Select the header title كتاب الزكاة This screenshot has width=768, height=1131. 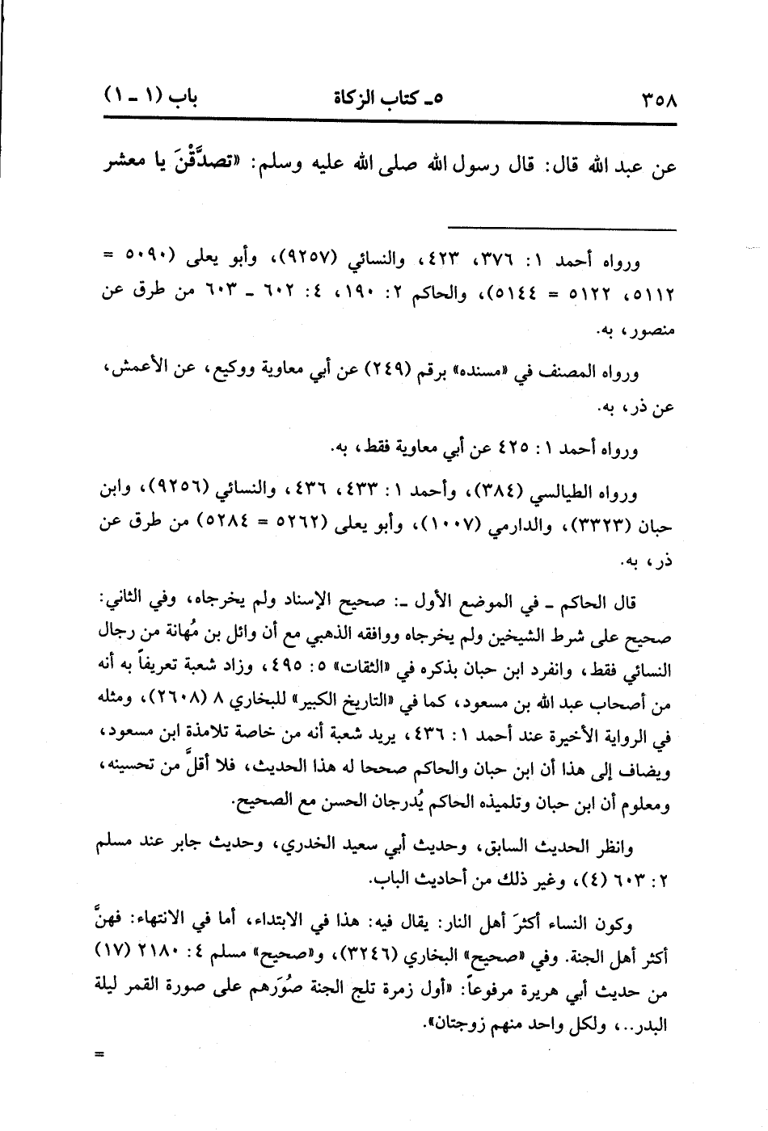[x=388, y=99]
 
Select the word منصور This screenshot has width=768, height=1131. [x=657, y=330]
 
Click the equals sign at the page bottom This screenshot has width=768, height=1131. [x=100, y=1053]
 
